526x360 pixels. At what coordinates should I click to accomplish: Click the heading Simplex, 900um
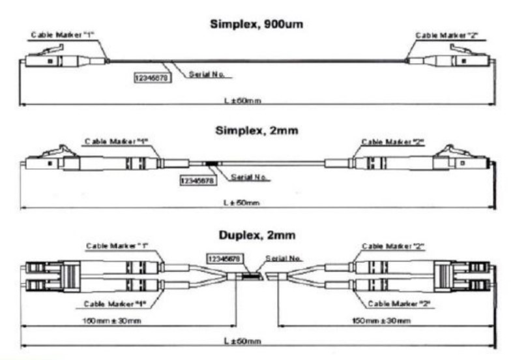[x=257, y=25]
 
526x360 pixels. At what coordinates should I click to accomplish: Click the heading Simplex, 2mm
[x=257, y=130]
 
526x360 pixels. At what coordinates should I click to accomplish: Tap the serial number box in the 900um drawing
[x=149, y=77]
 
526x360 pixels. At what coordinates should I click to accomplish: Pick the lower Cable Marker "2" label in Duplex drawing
[x=400, y=303]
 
